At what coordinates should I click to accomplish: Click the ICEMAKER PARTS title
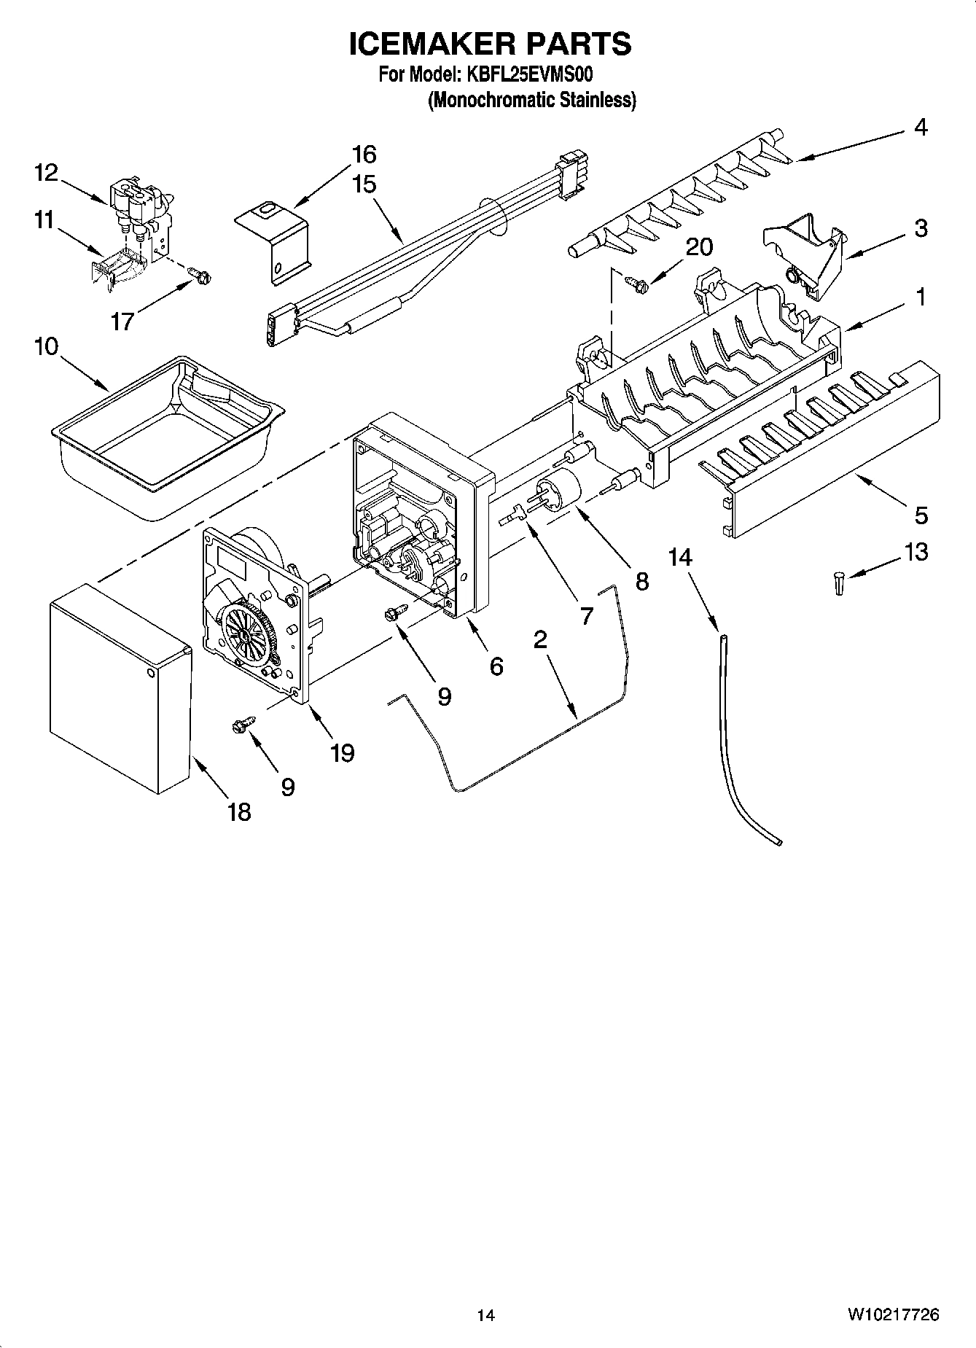click(x=489, y=44)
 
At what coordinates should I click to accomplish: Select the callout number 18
click(x=239, y=811)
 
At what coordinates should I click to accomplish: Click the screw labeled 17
click(x=199, y=276)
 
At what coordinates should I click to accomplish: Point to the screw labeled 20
click(x=634, y=281)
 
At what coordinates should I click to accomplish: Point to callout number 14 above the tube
click(x=680, y=557)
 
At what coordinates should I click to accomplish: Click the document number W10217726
click(x=892, y=1315)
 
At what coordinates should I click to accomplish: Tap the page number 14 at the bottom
click(x=486, y=1315)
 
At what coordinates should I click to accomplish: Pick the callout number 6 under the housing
click(x=496, y=666)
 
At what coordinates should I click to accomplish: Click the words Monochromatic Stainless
click(x=531, y=100)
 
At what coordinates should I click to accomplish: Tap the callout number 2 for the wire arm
click(x=540, y=639)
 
